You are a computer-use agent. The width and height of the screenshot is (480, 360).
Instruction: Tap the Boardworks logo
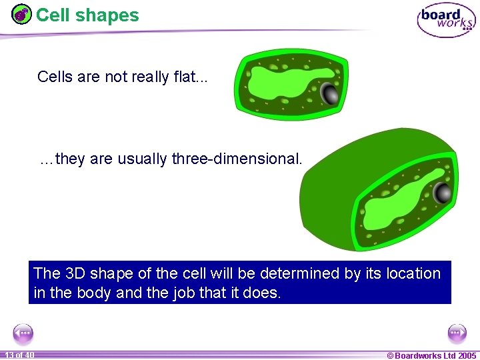[x=446, y=20]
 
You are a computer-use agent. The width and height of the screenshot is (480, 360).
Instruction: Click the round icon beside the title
[x=22, y=14]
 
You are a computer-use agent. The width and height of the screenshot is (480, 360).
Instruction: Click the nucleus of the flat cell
[x=329, y=93]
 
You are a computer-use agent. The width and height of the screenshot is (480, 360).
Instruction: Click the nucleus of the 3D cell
[x=442, y=193]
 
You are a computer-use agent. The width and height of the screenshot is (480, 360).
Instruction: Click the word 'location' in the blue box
[x=410, y=273]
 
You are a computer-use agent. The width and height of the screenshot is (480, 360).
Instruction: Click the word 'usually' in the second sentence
[x=143, y=159]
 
